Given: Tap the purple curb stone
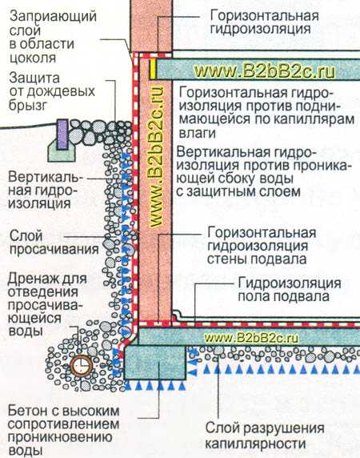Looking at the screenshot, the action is [x=62, y=134].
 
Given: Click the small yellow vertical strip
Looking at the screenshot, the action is [x=153, y=69].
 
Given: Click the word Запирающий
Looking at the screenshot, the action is [x=53, y=16].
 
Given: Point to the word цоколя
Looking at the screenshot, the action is [x=32, y=58].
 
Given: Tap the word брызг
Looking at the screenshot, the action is [x=28, y=105].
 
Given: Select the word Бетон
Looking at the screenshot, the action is [x=27, y=411].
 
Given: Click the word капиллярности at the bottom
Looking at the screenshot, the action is [x=255, y=444].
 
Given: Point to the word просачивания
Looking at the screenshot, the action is [x=54, y=250].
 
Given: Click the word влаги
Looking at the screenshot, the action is [x=198, y=133].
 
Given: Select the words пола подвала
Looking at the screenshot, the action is [x=283, y=296].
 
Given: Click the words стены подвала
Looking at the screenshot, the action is [x=257, y=259].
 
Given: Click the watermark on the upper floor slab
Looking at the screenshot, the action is [x=265, y=71].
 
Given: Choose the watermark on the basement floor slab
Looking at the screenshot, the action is [x=251, y=338].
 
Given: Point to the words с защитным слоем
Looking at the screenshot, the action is [x=238, y=192].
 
